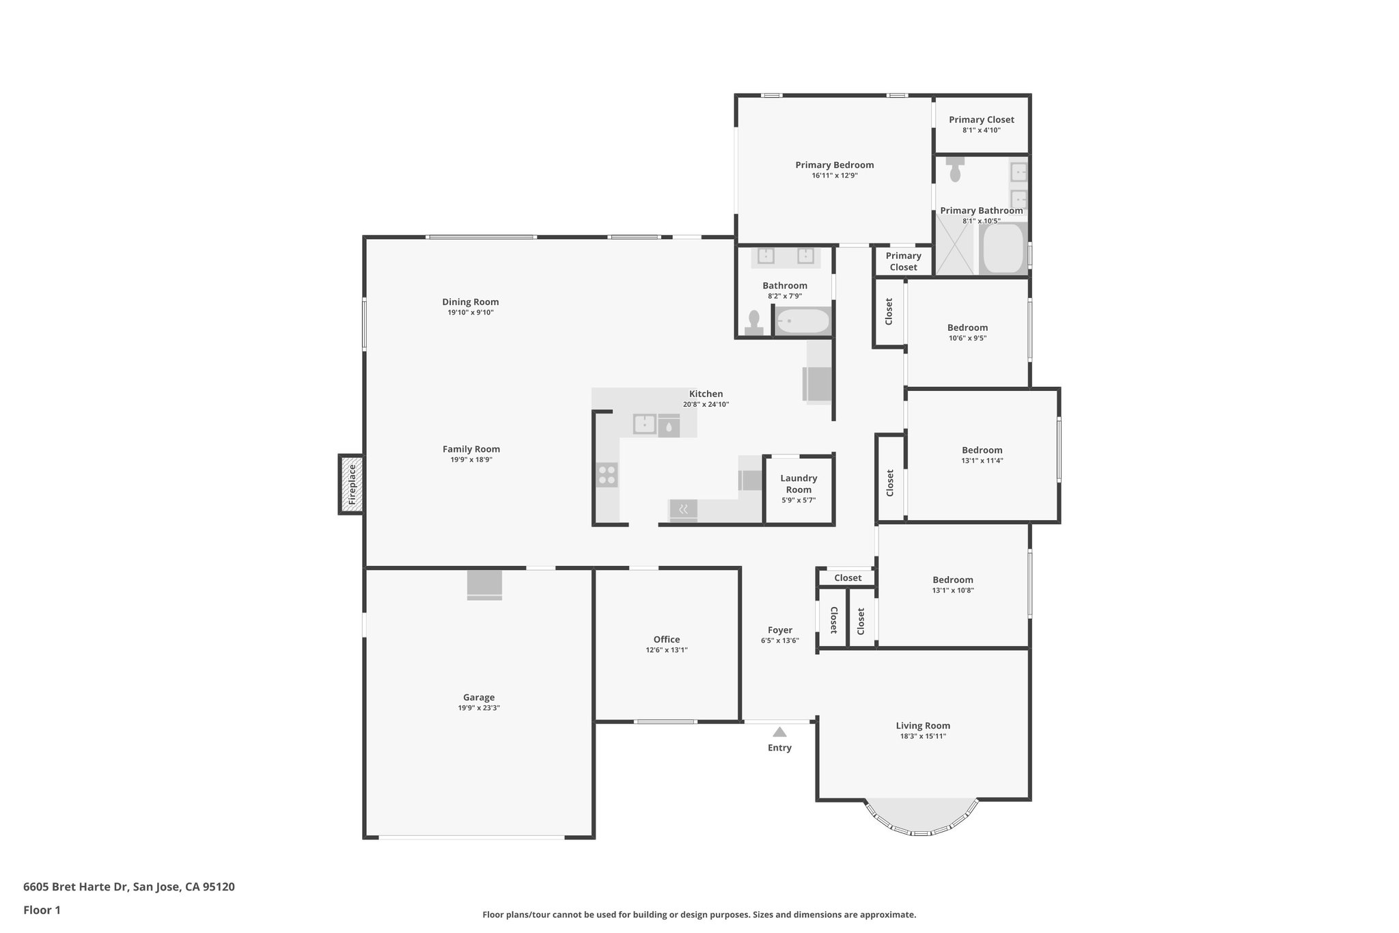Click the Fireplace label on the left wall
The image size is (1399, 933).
pos(352,485)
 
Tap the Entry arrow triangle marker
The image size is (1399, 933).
pos(779,731)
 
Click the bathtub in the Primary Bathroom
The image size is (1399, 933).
pos(1002,249)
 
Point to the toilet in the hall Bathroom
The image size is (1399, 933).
pos(754,322)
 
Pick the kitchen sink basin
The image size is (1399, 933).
pos(645,424)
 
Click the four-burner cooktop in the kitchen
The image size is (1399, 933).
pos(607,474)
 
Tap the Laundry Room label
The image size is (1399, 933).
pos(799,483)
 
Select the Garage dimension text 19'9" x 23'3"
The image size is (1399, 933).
pos(479,708)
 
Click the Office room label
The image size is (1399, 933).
pos(666,640)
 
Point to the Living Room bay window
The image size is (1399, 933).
pos(922,818)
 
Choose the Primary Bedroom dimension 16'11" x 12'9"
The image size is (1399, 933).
pos(834,176)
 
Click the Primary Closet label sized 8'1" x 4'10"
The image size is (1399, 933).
pos(981,120)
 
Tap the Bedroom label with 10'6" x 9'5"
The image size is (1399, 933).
pos(967,327)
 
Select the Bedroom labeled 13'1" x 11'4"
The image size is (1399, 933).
pos(982,450)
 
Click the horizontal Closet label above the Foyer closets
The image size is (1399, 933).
pos(848,578)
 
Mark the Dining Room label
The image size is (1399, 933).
pos(470,302)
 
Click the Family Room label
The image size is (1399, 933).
pos(471,449)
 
